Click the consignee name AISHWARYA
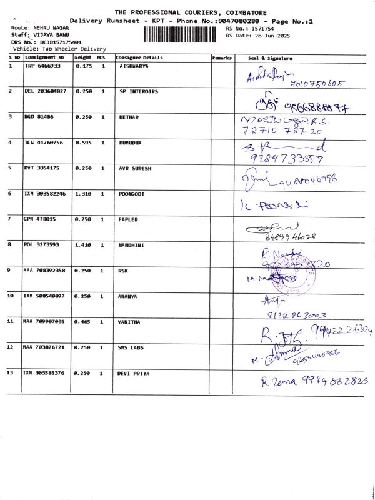pos(135,66)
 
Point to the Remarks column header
pos(222,57)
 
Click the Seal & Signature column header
pos(270,57)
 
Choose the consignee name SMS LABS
pos(132,347)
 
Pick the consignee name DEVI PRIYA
pos(134,372)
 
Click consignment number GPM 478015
pos(40,219)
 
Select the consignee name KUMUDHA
pos(131,142)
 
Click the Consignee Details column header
pos(139,57)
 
